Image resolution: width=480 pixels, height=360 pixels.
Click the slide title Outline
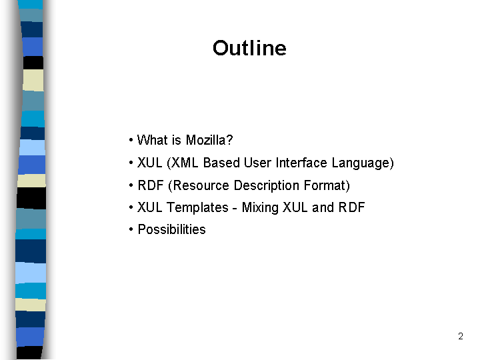(x=249, y=48)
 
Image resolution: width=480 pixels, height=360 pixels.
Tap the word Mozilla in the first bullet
(x=206, y=140)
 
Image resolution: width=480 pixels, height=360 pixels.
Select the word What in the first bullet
(x=153, y=140)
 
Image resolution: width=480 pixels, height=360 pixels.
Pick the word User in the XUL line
(x=257, y=163)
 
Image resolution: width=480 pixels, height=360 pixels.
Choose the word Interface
(x=301, y=163)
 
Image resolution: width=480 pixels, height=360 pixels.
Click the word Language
(x=360, y=163)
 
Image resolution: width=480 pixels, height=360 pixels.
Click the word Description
(x=266, y=186)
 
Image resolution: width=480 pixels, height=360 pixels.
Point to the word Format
(x=325, y=185)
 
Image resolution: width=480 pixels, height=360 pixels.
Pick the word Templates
(x=197, y=208)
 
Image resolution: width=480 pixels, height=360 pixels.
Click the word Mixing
(x=260, y=208)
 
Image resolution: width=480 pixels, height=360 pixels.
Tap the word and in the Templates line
(x=323, y=207)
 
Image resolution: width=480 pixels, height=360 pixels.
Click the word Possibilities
(x=172, y=229)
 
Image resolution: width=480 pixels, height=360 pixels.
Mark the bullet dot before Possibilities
(x=131, y=229)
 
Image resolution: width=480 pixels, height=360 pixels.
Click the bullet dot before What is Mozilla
(x=131, y=141)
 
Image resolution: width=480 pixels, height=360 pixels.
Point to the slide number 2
(x=461, y=336)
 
